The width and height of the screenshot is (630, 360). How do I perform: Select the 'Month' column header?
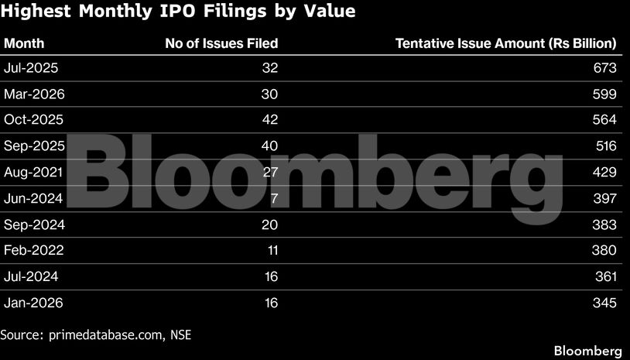24,44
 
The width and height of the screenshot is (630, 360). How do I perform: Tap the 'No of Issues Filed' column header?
221,44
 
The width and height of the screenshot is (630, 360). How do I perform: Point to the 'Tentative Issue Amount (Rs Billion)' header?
505,44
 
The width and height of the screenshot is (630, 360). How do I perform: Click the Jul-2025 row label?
31,68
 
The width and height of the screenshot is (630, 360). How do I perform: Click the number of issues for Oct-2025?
269,120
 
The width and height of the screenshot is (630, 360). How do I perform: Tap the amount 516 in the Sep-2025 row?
604,146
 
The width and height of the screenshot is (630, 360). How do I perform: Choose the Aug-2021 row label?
33,172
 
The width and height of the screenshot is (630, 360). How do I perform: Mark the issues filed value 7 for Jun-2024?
273,198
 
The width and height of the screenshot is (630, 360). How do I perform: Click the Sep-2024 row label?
33,225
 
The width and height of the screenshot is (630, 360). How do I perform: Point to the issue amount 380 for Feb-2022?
604,250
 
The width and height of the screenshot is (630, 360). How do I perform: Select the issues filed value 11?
270,250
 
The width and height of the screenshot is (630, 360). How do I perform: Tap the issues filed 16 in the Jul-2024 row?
270,276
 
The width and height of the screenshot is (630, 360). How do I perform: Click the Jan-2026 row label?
33,302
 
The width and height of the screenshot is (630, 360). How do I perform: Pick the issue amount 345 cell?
604,302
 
